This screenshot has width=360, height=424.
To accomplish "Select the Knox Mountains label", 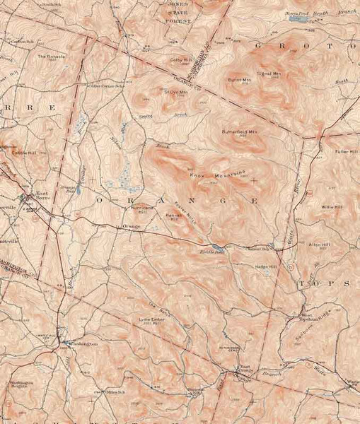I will coord(216,173).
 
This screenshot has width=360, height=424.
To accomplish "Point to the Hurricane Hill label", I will coord(142,210).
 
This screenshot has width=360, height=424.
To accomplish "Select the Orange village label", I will coord(131,226).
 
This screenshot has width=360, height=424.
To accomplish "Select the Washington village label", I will coord(80,343).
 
